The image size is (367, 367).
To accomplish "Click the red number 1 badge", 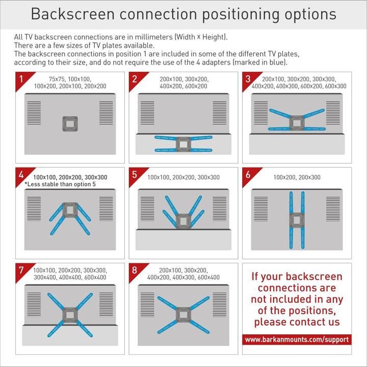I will (21, 79).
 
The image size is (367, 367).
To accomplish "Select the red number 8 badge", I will (135, 270).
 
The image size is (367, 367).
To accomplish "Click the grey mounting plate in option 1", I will (70, 123).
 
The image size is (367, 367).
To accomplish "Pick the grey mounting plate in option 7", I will (70, 313).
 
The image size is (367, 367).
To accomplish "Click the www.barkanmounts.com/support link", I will (296, 339).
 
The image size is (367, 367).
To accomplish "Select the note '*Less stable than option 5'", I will (60, 184).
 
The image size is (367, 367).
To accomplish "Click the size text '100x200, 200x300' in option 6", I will (297, 177).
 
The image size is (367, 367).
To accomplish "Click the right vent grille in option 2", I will (220, 113).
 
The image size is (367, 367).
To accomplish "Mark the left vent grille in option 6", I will (260, 208).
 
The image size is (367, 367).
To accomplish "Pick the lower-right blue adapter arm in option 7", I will (84, 327).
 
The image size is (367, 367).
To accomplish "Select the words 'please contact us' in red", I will (297, 322).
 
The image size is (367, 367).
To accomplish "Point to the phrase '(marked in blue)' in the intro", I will (260, 63).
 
